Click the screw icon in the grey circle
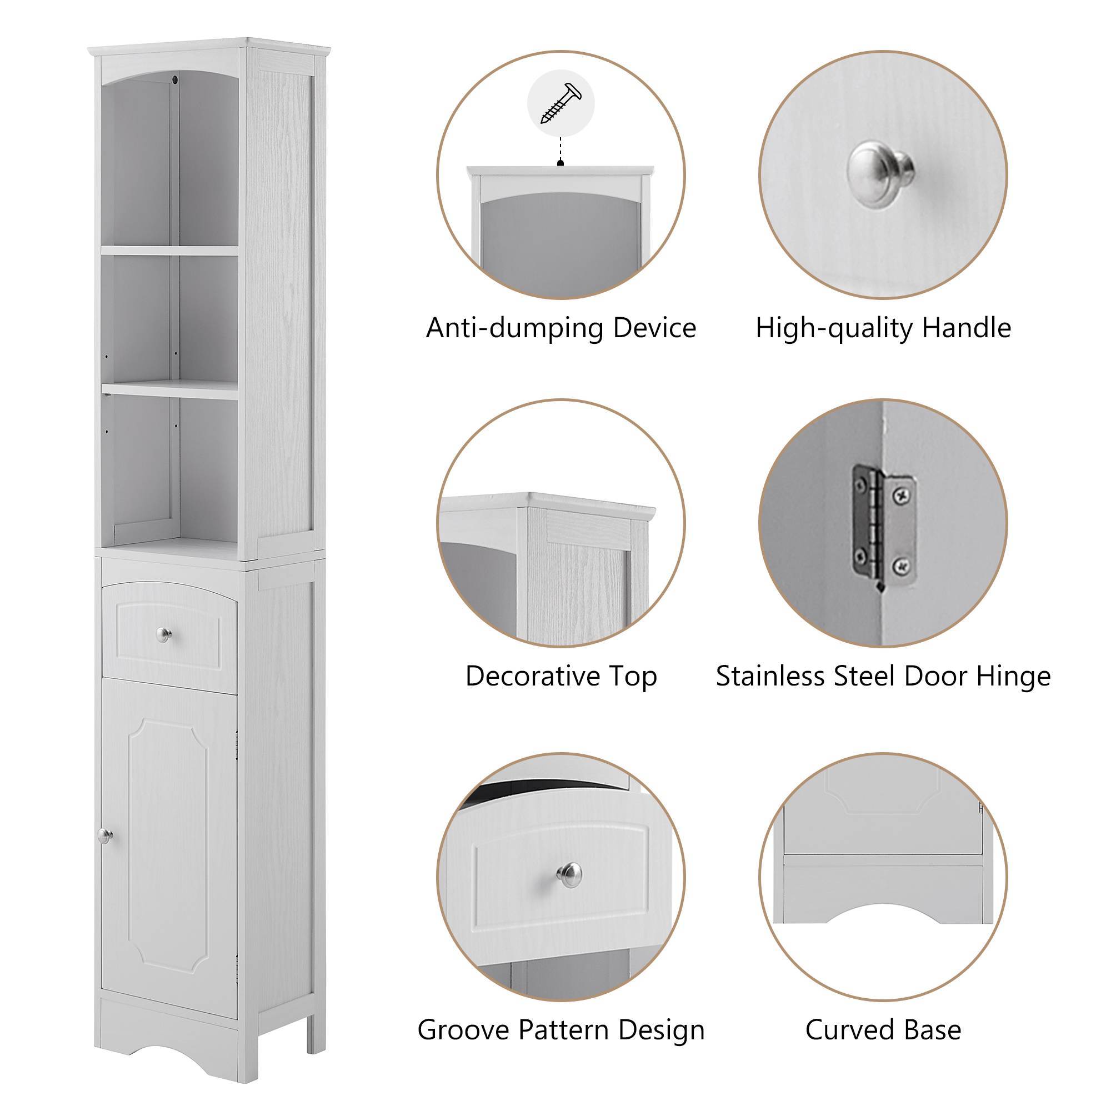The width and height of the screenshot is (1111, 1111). click(x=560, y=103)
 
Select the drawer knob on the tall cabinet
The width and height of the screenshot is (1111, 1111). click(x=163, y=634)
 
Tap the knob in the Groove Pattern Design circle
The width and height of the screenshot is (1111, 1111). click(x=569, y=875)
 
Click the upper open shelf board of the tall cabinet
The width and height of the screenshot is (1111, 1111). click(x=170, y=250)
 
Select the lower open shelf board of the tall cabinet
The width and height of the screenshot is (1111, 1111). click(x=170, y=388)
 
